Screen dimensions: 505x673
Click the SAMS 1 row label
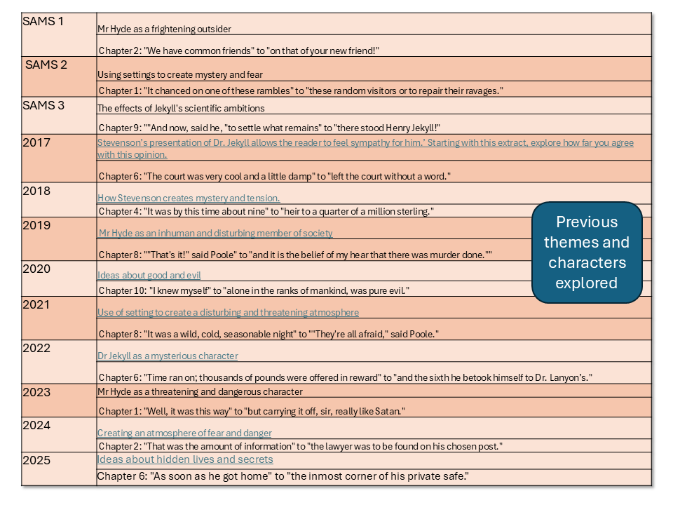(x=43, y=21)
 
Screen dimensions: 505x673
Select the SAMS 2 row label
(x=46, y=65)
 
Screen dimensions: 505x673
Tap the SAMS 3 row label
(x=43, y=105)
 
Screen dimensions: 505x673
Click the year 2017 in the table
(x=36, y=143)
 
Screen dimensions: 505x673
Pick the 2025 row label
(x=36, y=461)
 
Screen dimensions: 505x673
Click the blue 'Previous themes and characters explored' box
(x=586, y=252)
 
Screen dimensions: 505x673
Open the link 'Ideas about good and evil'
(x=149, y=276)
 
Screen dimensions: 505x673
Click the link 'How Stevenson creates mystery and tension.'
(x=189, y=198)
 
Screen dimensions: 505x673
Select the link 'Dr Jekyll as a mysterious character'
(x=168, y=356)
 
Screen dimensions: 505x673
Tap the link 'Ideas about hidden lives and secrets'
(x=185, y=459)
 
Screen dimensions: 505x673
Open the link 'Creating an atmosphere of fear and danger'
(x=184, y=433)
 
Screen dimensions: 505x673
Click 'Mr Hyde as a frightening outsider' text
(x=164, y=29)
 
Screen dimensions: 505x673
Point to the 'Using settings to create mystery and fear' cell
(x=180, y=75)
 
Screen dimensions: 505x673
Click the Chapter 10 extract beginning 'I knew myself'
(x=253, y=290)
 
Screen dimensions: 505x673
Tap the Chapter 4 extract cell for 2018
(x=266, y=211)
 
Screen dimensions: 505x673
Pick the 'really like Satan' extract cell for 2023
(x=252, y=410)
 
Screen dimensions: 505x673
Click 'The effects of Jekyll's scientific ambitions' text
(x=181, y=109)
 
